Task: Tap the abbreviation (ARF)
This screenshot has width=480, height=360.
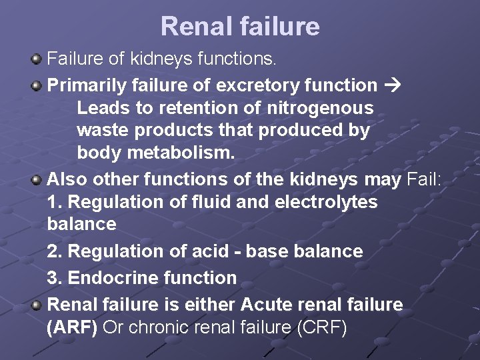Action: (73, 328)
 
